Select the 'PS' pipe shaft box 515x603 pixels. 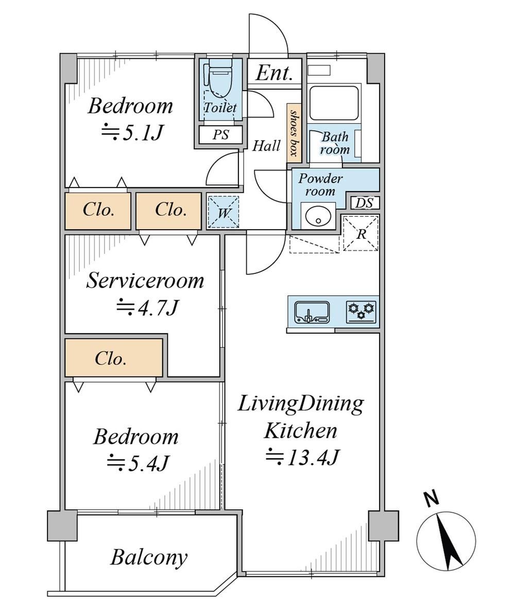pyautogui.click(x=221, y=134)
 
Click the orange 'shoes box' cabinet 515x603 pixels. pyautogui.click(x=294, y=133)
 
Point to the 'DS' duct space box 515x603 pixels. pyautogui.click(x=364, y=203)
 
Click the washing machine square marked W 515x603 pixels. pyautogui.click(x=224, y=212)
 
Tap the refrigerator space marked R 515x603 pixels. pyautogui.click(x=361, y=233)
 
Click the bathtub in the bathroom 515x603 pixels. pyautogui.click(x=334, y=102)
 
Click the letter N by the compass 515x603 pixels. pyautogui.click(x=432, y=498)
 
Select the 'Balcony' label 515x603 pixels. pyautogui.click(x=149, y=557)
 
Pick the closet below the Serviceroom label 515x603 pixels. pyautogui.click(x=113, y=358)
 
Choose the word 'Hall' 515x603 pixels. pyautogui.click(x=266, y=145)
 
